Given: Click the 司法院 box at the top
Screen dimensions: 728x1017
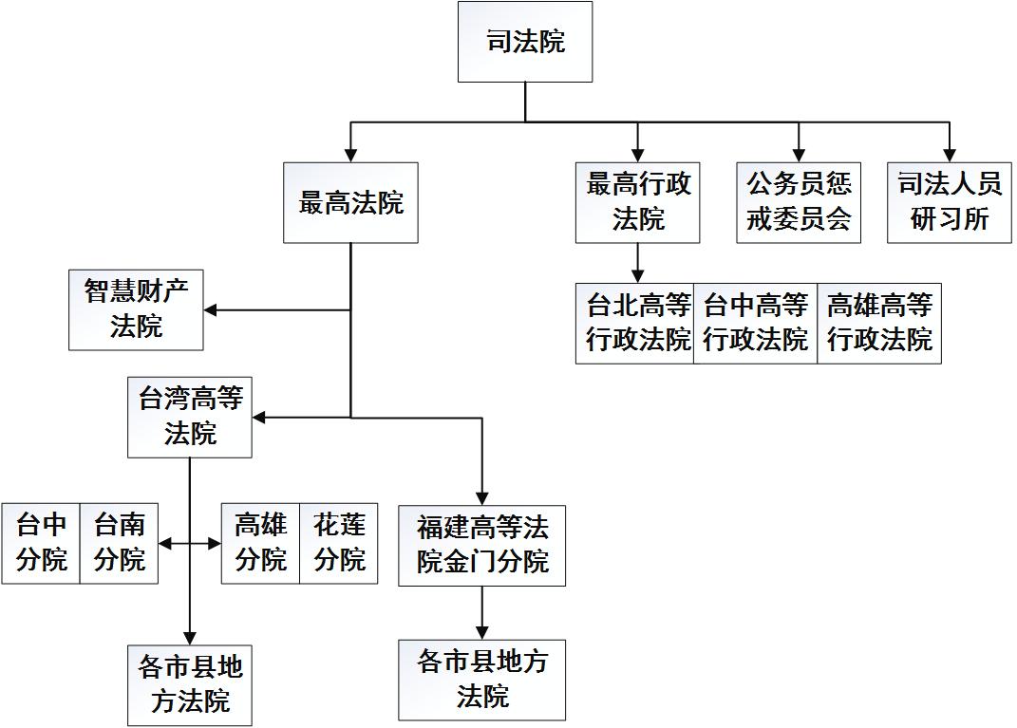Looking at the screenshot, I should click(525, 42).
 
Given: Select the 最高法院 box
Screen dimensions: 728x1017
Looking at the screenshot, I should click(350, 202).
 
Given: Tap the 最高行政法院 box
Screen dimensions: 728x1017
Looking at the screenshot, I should click(637, 202).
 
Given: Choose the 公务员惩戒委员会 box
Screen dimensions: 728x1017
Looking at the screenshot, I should click(799, 202).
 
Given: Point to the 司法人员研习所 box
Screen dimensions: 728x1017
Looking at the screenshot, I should click(950, 202).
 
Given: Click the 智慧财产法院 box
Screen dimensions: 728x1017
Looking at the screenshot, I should click(136, 308).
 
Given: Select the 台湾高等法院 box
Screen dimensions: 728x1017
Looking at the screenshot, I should click(190, 417).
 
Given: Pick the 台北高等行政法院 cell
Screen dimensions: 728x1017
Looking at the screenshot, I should click(635, 323).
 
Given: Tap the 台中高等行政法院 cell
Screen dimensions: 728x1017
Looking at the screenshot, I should click(756, 323).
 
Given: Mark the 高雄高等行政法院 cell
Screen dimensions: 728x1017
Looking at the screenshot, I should click(879, 323).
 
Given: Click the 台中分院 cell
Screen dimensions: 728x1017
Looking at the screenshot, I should click(41, 543).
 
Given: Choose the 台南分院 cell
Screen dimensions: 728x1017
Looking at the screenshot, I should click(119, 543).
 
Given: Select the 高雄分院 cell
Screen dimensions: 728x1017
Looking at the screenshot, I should click(260, 543).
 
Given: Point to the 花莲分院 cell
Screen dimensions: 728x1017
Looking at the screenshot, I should click(339, 543).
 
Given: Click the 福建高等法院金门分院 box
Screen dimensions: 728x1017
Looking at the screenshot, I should click(482, 545).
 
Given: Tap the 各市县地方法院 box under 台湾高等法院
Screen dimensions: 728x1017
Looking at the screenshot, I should click(190, 685).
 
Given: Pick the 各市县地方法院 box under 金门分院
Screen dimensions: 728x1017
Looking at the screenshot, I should click(482, 680).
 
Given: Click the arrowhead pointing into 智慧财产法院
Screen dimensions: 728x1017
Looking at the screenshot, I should click(211, 309).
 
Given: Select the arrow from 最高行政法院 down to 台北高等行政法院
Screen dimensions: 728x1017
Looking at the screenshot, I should click(637, 263).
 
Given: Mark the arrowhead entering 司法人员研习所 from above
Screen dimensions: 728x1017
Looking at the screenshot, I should click(950, 156).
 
